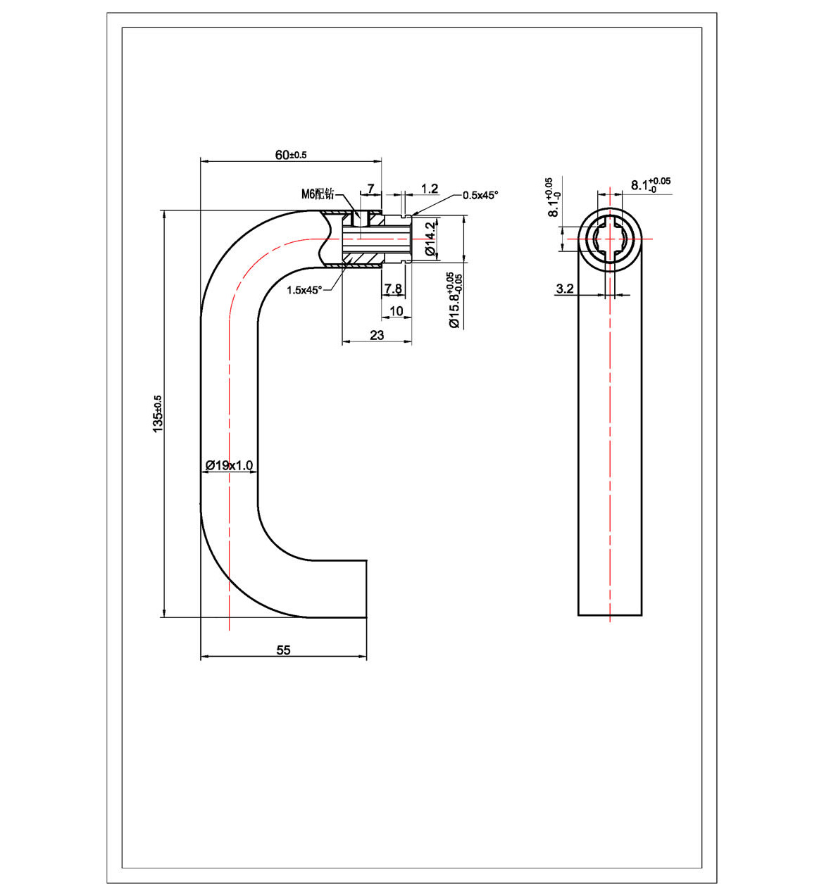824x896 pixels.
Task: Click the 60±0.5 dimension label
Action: [290, 155]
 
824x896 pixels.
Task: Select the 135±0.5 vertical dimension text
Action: [158, 414]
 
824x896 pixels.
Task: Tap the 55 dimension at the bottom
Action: [283, 650]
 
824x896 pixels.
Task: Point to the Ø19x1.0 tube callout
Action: [229, 465]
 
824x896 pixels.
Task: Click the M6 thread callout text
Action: [318, 194]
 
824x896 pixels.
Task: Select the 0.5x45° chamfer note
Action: [480, 195]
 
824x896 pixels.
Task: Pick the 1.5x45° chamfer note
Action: [304, 290]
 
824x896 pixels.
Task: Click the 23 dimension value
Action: [377, 335]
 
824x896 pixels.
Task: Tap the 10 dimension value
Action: [397, 311]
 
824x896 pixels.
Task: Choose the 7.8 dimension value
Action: [393, 289]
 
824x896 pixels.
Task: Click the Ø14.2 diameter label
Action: [430, 239]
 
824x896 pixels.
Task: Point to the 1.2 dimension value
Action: [430, 189]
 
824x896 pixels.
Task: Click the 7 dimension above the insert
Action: [370, 189]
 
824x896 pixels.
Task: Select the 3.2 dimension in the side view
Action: [565, 289]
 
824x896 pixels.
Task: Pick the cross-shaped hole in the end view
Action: [610, 239]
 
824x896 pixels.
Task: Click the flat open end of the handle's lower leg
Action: [366, 589]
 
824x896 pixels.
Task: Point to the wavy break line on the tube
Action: [325, 239]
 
